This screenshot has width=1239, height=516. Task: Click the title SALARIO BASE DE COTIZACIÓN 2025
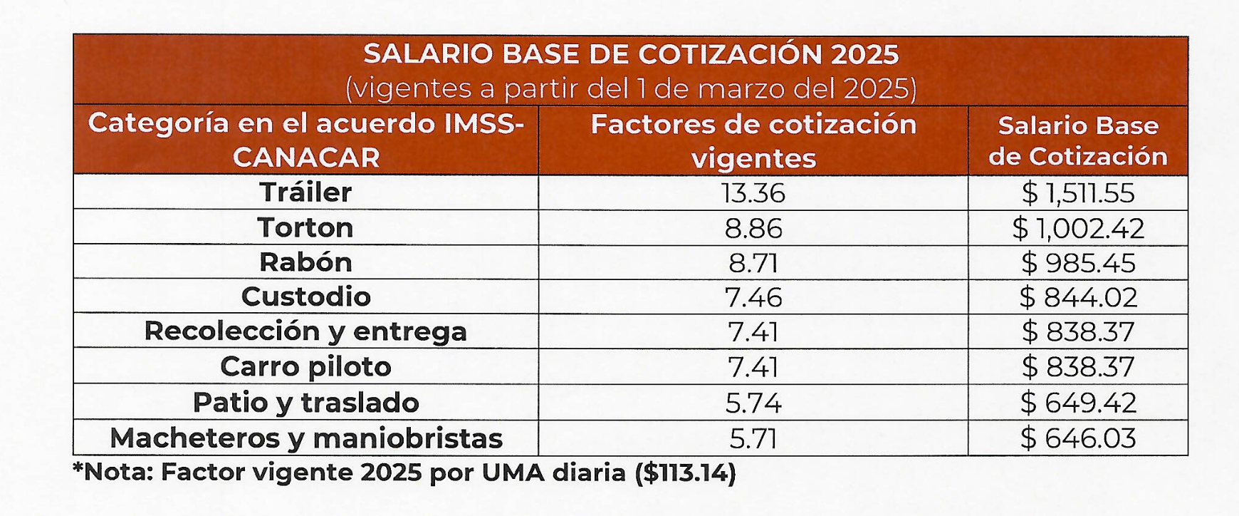tap(631, 54)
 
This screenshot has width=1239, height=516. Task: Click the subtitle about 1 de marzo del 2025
tap(631, 89)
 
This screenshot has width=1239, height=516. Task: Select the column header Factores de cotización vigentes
tap(753, 140)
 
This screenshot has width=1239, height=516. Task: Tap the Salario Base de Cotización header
tap(1078, 140)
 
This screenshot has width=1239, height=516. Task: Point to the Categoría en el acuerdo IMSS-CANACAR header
tap(305, 140)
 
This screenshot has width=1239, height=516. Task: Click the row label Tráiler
tap(305, 192)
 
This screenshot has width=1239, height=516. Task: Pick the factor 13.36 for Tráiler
tap(753, 193)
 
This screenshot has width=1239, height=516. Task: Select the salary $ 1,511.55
tap(1078, 193)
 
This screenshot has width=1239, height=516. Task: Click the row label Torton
tap(305, 228)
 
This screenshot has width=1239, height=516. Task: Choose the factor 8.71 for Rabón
tap(753, 263)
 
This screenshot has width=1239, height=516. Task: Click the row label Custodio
tap(305, 296)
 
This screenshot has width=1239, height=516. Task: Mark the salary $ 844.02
tap(1078, 297)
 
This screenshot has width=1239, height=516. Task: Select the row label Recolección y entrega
tap(305, 331)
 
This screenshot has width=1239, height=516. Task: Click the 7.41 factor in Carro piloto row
tap(753, 367)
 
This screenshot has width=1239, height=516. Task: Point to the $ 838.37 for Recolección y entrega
tap(1078, 332)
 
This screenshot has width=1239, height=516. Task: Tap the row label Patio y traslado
tap(305, 403)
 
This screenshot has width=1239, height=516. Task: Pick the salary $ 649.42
tap(1078, 403)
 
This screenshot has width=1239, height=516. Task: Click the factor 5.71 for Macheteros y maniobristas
tap(753, 438)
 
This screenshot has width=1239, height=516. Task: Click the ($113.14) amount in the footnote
tap(685, 473)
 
